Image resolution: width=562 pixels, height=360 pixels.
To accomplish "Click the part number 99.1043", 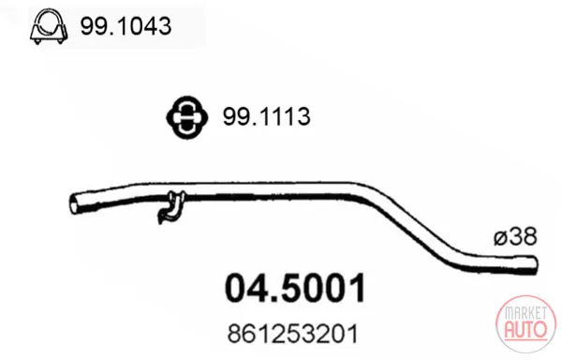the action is [126, 26].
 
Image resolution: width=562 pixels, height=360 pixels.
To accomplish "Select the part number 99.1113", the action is [266, 116].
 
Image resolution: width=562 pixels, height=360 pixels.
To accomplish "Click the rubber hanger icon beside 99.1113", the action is [186, 117].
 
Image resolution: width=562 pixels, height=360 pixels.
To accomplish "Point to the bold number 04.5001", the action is [295, 288].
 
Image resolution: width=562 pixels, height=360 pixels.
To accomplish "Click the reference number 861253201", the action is [293, 334].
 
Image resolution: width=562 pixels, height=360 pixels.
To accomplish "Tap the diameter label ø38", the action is [515, 236].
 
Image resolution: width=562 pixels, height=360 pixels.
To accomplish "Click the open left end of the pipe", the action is [73, 203].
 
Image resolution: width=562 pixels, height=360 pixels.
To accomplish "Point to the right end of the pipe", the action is [535, 265].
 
